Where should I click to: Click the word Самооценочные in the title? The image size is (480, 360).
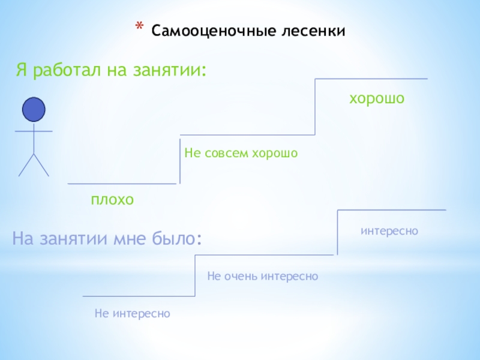[x=205, y=30]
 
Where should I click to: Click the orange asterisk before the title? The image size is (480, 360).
[x=139, y=28]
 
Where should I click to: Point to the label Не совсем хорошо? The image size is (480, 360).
[x=241, y=154]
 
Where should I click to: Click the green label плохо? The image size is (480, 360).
[x=112, y=199]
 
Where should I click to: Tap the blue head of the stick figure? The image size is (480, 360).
[x=34, y=110]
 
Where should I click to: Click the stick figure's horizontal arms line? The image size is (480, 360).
[x=34, y=131]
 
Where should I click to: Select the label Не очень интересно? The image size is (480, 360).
[x=262, y=276]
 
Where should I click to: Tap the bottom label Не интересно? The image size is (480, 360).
[x=133, y=313]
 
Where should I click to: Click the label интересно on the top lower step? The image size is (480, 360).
[x=389, y=230]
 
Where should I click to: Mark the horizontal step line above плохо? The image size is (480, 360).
[x=122, y=183]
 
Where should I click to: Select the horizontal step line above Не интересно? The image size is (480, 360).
[x=139, y=296]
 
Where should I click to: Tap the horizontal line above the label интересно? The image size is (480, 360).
[x=391, y=210]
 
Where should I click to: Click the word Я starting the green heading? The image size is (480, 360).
[x=22, y=71]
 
